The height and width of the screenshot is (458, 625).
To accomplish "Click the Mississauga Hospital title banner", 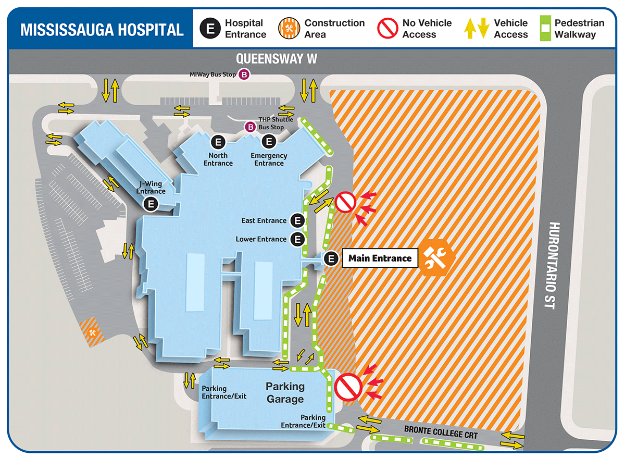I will [x=102, y=29].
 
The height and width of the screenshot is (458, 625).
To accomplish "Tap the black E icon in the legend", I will [x=210, y=29].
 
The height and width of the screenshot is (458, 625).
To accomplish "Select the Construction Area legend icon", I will [x=289, y=29].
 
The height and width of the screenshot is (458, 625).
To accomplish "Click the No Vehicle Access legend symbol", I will [x=387, y=29].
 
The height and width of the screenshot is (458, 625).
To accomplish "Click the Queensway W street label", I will [x=276, y=59].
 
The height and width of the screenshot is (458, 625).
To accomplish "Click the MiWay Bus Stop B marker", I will [x=244, y=75].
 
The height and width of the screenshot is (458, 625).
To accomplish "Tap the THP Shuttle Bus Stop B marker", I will [x=251, y=127].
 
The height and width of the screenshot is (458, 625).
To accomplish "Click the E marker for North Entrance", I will [x=218, y=142].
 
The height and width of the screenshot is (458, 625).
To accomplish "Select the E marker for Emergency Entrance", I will [x=269, y=142].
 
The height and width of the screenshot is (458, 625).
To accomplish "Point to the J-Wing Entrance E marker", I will [x=151, y=204].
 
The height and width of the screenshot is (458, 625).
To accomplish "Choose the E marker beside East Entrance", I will [x=297, y=220].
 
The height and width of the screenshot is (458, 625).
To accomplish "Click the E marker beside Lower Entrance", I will [x=297, y=239].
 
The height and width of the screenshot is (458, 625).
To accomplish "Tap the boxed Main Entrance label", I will [x=380, y=258].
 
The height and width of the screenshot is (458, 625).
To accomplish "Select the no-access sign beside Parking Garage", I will [x=347, y=387].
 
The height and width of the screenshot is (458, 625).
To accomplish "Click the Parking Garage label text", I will [x=285, y=393].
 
